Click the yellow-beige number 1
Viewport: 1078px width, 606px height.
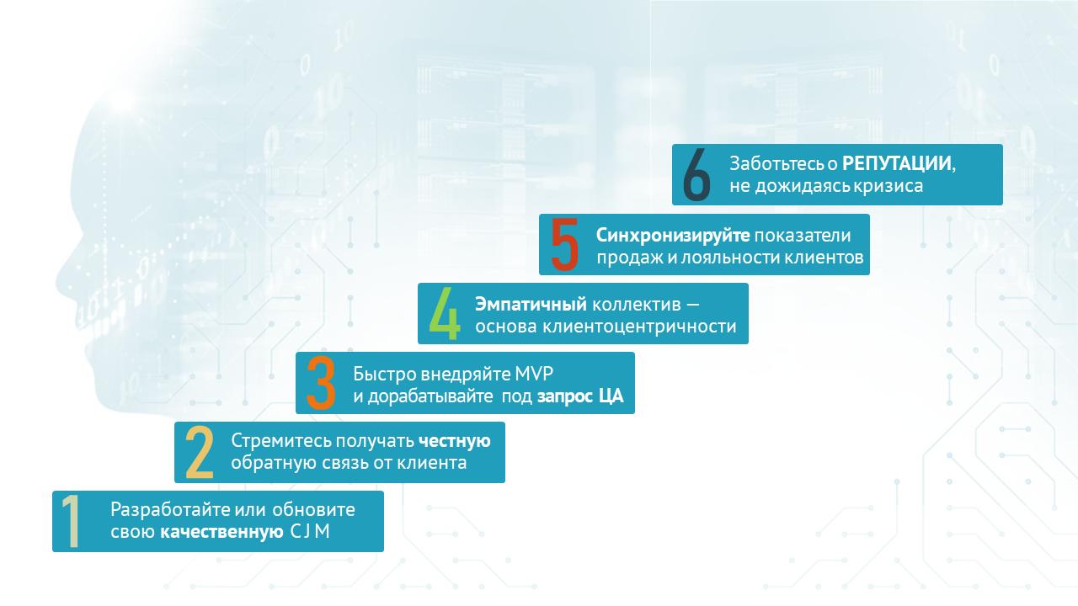(72, 521)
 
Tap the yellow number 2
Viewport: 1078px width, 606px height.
(200, 453)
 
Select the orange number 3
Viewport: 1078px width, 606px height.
(321, 383)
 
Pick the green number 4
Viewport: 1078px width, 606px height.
(444, 314)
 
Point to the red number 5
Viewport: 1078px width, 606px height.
(564, 244)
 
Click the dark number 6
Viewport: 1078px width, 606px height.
(696, 174)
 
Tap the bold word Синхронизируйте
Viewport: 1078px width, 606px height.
(673, 235)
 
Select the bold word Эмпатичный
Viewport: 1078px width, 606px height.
(531, 305)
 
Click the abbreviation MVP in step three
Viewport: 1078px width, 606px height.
(534, 374)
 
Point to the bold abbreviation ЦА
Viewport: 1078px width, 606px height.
(611, 396)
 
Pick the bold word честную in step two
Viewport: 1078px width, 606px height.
(454, 440)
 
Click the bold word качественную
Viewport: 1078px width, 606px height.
(221, 532)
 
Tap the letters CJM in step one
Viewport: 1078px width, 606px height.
(310, 531)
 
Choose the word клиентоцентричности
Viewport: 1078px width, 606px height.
(639, 327)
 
